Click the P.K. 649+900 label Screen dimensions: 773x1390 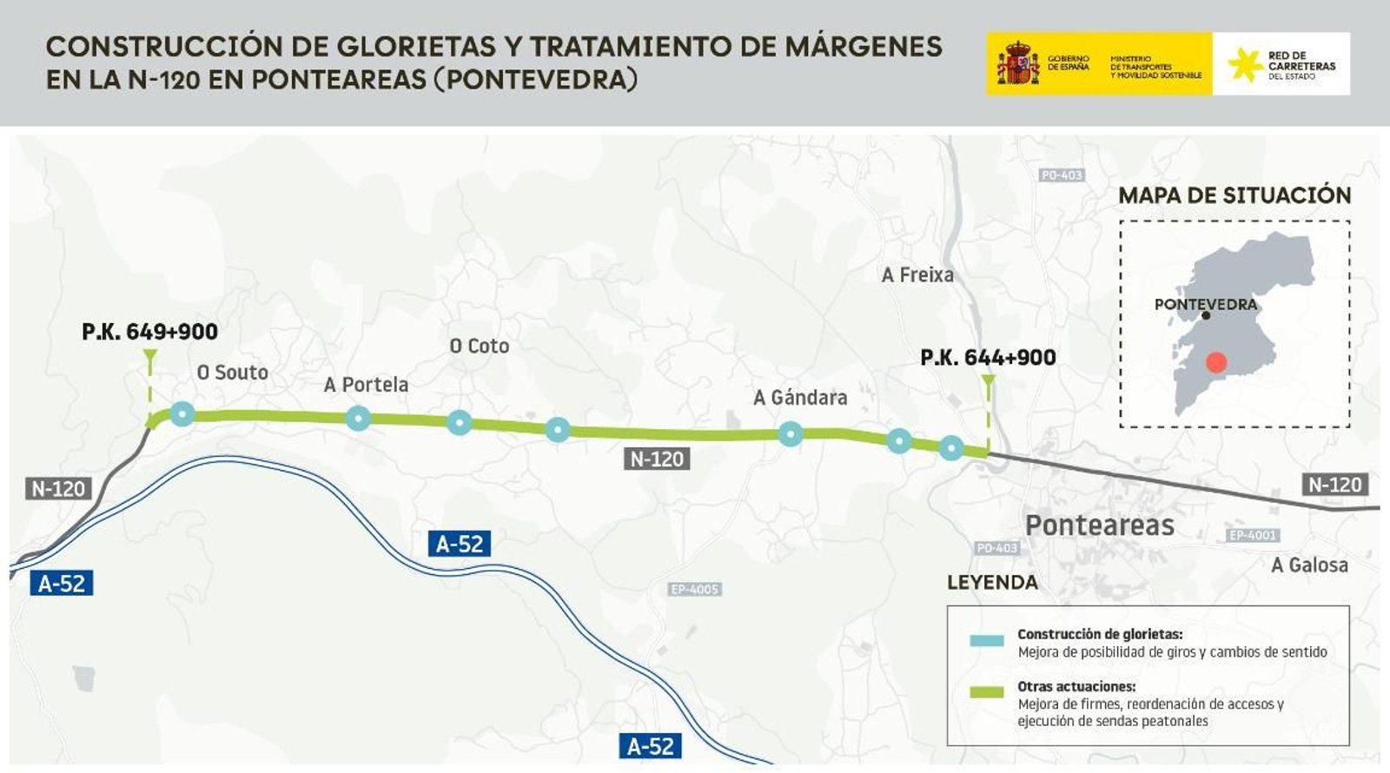(x=149, y=331)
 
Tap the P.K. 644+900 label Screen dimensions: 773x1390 (x=988, y=357)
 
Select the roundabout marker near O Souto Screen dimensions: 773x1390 (x=182, y=413)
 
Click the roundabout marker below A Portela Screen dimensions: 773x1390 (x=358, y=419)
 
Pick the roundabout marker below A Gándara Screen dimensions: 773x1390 (x=791, y=433)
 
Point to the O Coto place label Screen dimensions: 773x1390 (x=479, y=346)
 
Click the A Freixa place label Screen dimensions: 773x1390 (x=917, y=275)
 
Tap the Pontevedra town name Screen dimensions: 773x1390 (x=1205, y=304)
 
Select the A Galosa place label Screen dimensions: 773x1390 (x=1309, y=565)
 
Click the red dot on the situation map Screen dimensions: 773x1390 (x=1216, y=362)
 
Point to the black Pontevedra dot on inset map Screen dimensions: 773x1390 (x=1206, y=316)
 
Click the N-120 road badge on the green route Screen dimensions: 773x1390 (x=657, y=459)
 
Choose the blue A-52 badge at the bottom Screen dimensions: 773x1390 (x=650, y=746)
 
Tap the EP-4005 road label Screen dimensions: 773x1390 (x=695, y=590)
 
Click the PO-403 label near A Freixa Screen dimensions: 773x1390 (x=1062, y=175)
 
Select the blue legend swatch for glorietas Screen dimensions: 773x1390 (x=986, y=641)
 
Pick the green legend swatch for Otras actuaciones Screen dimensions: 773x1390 (x=986, y=692)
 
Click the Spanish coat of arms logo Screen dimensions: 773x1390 (x=1017, y=63)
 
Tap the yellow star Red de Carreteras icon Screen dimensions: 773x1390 (x=1245, y=64)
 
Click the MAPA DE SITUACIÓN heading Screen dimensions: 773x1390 (x=1234, y=195)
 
